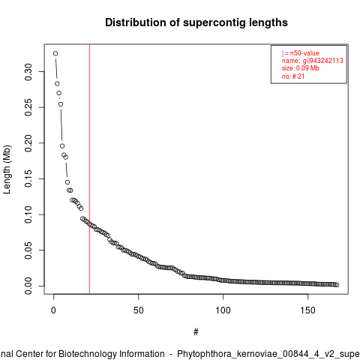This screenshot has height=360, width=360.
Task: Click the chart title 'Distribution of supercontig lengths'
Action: (196, 22)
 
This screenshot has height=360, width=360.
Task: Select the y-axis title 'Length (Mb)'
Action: (7, 169)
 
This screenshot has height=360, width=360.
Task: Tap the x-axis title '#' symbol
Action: (196, 332)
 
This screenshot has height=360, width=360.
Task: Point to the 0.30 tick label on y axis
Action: (28, 72)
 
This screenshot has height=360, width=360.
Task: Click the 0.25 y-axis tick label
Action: (28, 107)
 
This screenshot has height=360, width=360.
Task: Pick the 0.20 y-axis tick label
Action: (28, 143)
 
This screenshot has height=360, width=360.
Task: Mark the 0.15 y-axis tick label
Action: (28, 178)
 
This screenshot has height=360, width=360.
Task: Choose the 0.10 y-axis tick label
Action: (28, 214)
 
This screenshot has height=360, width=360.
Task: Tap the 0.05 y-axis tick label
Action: (28, 250)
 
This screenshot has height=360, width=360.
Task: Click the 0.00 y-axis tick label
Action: (28, 286)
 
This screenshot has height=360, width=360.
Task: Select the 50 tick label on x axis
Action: (138, 310)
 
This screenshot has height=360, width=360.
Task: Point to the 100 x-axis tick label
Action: (223, 310)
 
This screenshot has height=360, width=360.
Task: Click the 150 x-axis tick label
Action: (307, 310)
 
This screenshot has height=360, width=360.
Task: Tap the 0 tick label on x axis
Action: (53, 310)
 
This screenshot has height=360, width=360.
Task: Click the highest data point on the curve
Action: (55, 53)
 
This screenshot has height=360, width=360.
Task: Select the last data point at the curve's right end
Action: (337, 285)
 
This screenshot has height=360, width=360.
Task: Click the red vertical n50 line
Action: (89, 169)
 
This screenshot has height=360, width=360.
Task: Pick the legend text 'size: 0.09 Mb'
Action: (301, 68)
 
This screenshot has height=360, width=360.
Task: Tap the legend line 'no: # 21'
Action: (293, 76)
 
